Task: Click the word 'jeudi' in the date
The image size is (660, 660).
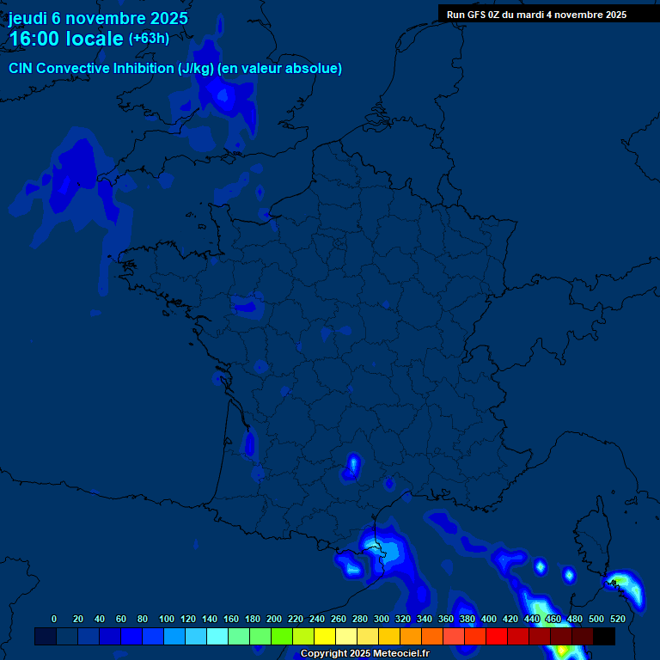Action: (27, 18)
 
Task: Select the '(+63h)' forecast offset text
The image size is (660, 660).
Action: (149, 39)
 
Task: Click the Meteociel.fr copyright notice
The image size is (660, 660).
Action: (364, 653)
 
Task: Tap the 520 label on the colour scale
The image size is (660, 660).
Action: (617, 619)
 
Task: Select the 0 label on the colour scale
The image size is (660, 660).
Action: (54, 619)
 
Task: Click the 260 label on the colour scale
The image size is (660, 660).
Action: (339, 619)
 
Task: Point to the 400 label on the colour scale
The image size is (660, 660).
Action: (488, 619)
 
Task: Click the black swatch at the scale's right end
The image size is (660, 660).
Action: (604, 636)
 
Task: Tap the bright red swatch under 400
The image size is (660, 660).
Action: (496, 636)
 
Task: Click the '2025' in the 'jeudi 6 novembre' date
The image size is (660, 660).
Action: (168, 18)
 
